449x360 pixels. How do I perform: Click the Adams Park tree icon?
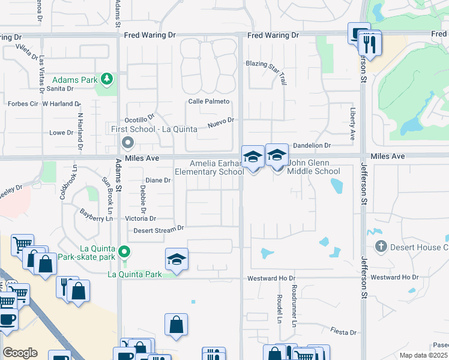point(107,79)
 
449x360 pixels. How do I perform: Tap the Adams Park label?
point(74,80)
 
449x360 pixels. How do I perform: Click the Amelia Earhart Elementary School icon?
point(253,157)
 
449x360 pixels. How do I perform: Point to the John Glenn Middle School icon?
point(277,156)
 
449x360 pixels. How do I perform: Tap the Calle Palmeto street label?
point(209,101)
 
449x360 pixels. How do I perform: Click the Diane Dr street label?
point(158,180)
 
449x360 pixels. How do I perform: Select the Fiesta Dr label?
point(343,332)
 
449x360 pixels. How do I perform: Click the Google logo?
point(20,353)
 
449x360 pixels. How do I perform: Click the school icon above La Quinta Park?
point(176,259)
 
